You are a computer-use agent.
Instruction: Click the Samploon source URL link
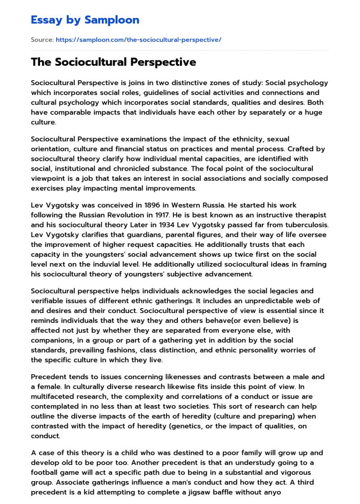138,40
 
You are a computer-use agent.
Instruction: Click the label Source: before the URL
42,40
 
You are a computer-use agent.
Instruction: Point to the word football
46,472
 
